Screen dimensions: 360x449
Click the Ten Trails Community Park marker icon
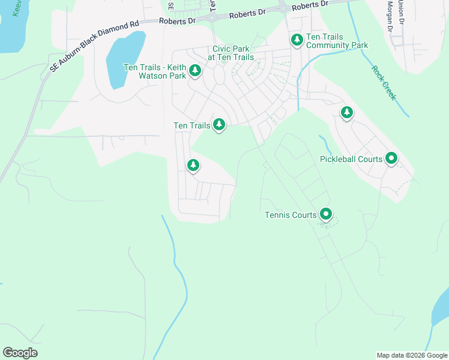click(x=297, y=40)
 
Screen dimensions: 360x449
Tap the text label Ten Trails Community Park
click(x=337, y=41)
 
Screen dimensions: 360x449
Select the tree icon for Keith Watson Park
click(x=195, y=71)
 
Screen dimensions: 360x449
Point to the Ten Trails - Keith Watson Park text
click(x=155, y=71)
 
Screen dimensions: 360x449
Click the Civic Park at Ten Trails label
click(x=231, y=53)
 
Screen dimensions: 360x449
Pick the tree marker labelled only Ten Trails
click(x=220, y=124)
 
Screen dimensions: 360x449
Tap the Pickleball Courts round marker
click(x=391, y=158)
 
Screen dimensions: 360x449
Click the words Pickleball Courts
click(x=351, y=159)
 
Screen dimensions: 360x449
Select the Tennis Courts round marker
click(x=326, y=214)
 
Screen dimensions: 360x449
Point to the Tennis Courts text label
click(x=291, y=215)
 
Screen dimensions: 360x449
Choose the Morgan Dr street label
click(x=390, y=16)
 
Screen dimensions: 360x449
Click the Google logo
click(x=20, y=353)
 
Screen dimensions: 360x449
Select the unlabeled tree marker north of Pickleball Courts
click(x=347, y=112)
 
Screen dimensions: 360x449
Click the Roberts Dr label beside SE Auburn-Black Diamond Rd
click(x=178, y=20)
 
